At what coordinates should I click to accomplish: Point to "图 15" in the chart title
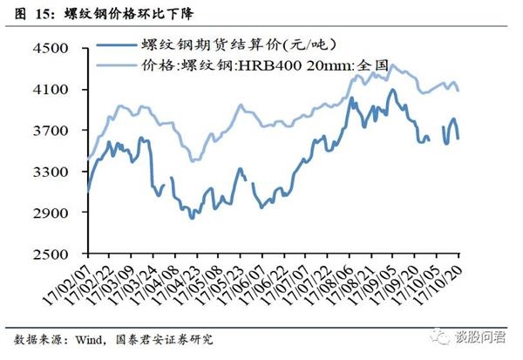[28, 12]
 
